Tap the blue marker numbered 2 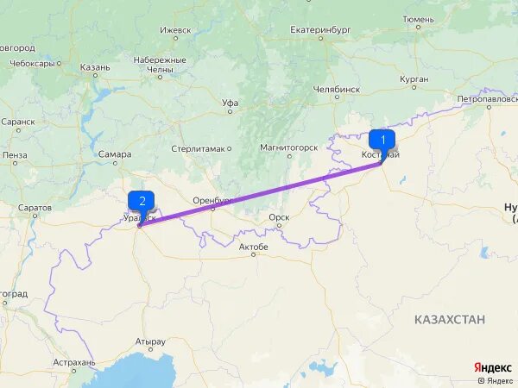[141, 201]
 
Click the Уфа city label [230, 102]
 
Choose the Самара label [114, 154]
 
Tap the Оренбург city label [213, 200]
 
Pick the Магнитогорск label [289, 147]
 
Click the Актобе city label [253, 247]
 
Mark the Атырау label [150, 341]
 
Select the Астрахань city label [73, 362]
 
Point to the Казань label [95, 66]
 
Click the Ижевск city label [175, 29]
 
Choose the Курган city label [414, 78]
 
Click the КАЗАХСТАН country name [449, 319]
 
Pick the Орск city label [278, 217]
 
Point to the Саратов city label [35, 208]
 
